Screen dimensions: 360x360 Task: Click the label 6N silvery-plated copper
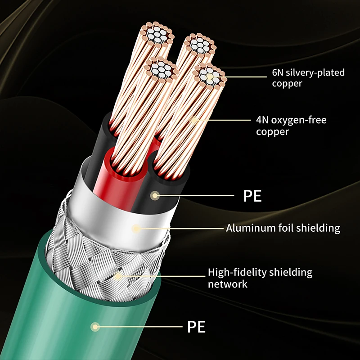pos(308,78)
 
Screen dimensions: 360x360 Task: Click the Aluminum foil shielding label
pos(283,228)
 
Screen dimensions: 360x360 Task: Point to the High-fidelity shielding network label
pos(260,278)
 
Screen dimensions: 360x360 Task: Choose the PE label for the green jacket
pos(196,327)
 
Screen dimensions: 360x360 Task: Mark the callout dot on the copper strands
pos(194,120)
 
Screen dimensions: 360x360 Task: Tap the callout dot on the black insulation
pos(156,196)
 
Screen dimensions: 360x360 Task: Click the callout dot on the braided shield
pos(118,276)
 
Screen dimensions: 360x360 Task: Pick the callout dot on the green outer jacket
pos(95,327)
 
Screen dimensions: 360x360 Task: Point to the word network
pos(227,284)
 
